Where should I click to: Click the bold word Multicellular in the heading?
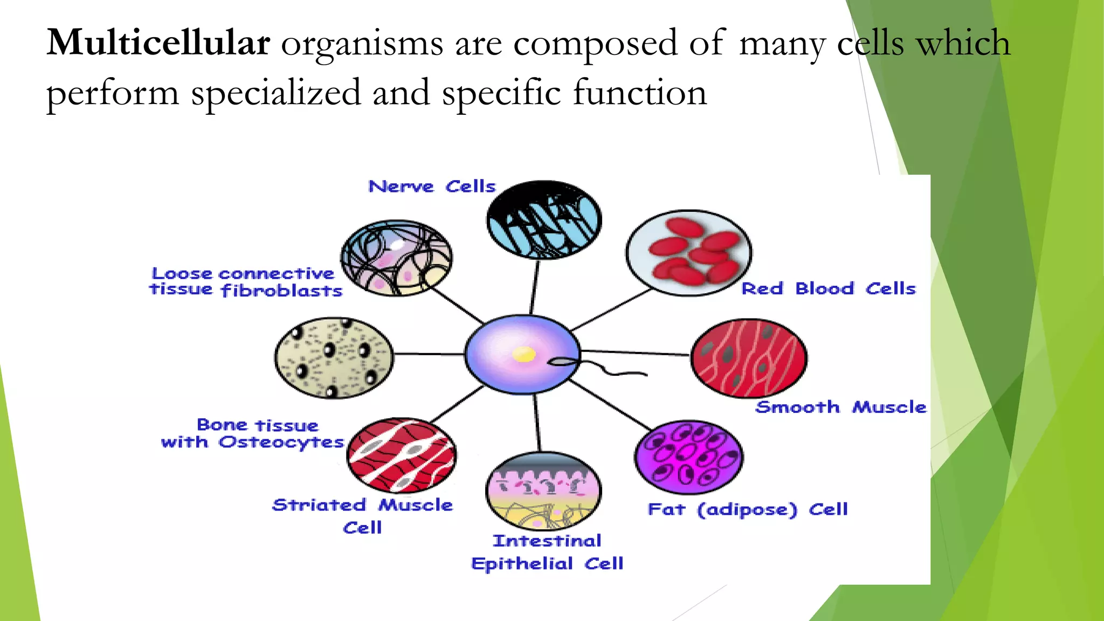click(158, 43)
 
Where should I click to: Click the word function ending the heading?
click(639, 93)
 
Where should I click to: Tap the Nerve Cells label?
click(432, 187)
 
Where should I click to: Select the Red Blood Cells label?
click(829, 289)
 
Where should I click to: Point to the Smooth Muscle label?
click(840, 407)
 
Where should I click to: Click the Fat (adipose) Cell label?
click(748, 509)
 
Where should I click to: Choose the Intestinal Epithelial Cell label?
click(547, 553)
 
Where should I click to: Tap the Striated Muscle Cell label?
click(362, 515)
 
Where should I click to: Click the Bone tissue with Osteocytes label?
click(252, 433)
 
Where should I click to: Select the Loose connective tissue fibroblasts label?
click(246, 282)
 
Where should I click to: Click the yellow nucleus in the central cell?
click(523, 354)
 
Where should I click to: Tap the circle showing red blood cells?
click(688, 253)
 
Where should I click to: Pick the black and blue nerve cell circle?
click(543, 220)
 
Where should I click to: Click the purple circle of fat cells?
click(688, 457)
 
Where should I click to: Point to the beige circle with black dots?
click(334, 357)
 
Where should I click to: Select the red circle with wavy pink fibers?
click(748, 358)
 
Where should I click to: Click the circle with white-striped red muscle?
click(401, 455)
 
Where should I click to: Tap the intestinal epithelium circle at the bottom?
click(543, 491)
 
